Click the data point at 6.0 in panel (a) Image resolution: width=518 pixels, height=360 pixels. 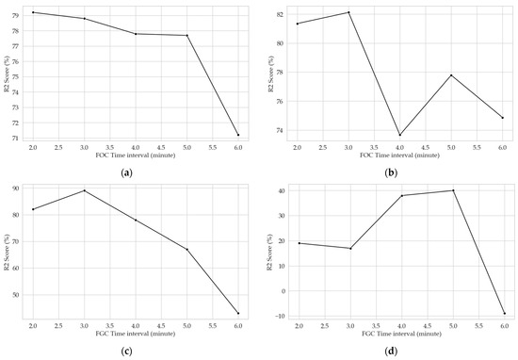pyautogui.click(x=237, y=135)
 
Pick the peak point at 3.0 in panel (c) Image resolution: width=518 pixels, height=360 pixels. pyautogui.click(x=85, y=190)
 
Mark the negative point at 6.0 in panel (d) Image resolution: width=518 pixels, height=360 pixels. pyautogui.click(x=503, y=313)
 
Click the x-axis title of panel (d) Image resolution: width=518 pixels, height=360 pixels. pyautogui.click(x=399, y=334)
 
